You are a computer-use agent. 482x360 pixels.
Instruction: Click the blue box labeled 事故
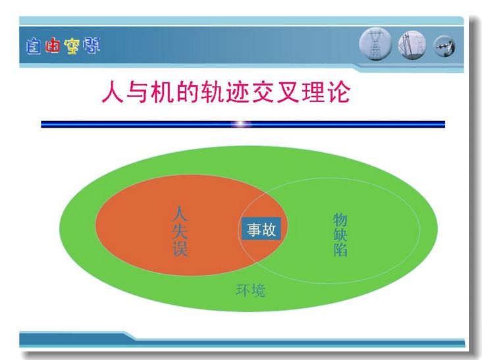261,228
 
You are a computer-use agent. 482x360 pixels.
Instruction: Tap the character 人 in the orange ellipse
180,213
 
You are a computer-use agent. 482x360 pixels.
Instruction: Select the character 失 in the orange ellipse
180,231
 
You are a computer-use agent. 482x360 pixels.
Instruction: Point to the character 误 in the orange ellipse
180,248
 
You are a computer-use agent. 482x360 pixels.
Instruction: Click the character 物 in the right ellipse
340,220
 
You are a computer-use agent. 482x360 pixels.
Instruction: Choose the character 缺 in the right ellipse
340,235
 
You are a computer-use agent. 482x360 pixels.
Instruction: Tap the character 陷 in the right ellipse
340,249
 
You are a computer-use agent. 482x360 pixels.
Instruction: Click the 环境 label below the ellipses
250,290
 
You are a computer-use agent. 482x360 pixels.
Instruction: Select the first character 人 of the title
113,91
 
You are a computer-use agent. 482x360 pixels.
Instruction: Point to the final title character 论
338,91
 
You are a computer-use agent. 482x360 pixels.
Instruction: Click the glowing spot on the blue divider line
242,124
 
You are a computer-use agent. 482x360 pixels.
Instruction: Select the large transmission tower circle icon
375,44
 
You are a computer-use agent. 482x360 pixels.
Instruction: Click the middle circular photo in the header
412,45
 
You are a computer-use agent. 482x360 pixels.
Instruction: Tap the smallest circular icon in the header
444,47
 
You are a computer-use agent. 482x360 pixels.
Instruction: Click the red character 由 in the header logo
53,46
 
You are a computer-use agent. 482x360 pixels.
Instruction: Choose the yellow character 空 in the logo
72,46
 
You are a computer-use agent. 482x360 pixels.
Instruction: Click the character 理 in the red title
313,91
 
